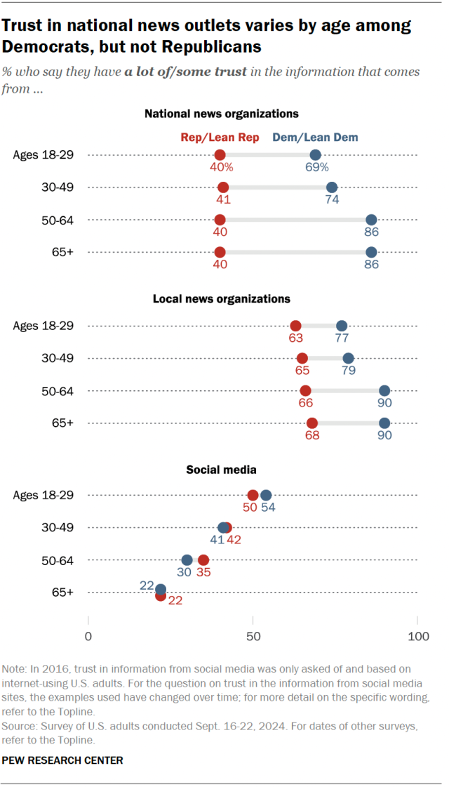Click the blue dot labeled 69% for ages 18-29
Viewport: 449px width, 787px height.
(x=316, y=155)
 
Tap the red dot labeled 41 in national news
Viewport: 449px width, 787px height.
(x=223, y=187)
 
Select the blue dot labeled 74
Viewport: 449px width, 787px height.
(x=332, y=187)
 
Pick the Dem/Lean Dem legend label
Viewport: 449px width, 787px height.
(x=315, y=138)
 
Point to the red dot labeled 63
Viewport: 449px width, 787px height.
(x=296, y=326)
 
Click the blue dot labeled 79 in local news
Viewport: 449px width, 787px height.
(x=348, y=358)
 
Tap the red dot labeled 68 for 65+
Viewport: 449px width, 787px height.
(x=312, y=423)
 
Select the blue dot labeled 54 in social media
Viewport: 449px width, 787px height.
(x=266, y=495)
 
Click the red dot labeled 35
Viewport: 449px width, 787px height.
(x=203, y=560)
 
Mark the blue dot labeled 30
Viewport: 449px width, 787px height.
(x=187, y=560)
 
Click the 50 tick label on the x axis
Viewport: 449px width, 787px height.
(x=253, y=637)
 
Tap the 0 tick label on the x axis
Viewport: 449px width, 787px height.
(x=88, y=637)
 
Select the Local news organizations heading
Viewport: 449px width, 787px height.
(x=222, y=299)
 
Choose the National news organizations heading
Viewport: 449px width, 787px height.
(x=222, y=113)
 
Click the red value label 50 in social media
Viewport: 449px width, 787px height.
(x=249, y=508)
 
